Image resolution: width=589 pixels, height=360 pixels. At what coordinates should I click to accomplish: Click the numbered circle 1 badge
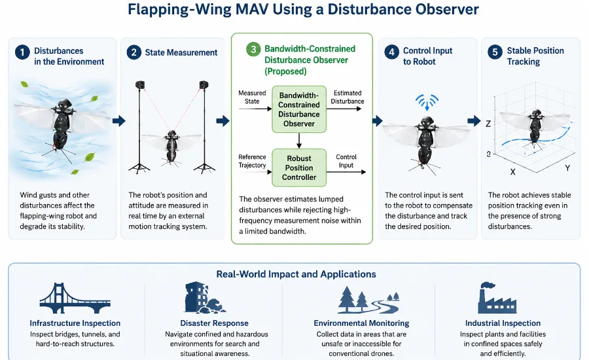coord(22,52)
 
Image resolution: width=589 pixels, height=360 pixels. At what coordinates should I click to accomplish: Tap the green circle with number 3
coord(253,49)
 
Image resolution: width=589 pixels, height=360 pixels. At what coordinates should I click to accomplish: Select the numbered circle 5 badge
coord(495,52)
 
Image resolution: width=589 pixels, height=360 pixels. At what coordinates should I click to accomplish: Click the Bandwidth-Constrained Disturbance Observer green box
coord(299,109)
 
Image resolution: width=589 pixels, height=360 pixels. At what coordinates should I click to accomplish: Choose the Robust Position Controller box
coord(299,168)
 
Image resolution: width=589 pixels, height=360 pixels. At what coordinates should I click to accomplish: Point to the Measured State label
coord(252,97)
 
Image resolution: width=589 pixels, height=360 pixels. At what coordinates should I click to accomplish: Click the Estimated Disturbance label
coord(348,97)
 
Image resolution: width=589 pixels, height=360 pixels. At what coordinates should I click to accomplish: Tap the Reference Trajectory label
coord(252,161)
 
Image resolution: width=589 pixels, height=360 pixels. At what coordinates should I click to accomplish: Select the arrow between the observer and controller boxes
coord(299,141)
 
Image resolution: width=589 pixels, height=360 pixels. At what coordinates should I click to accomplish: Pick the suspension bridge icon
coord(75,298)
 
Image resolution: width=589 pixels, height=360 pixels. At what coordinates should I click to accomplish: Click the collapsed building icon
coord(204,298)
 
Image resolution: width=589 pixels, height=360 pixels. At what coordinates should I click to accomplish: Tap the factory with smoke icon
coord(497,298)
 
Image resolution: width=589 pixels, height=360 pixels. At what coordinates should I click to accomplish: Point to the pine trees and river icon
coord(368,300)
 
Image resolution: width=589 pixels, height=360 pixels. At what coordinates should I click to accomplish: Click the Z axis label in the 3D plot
coord(488,124)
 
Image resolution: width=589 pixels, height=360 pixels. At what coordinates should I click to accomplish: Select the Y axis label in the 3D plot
coord(567,168)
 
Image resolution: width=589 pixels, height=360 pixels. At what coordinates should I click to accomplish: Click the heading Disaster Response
coord(214,323)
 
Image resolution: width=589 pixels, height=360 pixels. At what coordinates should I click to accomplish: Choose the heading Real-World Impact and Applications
coord(296,274)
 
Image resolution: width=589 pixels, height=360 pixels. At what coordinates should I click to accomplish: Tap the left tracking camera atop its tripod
coord(140,84)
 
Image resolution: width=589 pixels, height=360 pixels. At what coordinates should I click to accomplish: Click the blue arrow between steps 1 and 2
coord(118,120)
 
